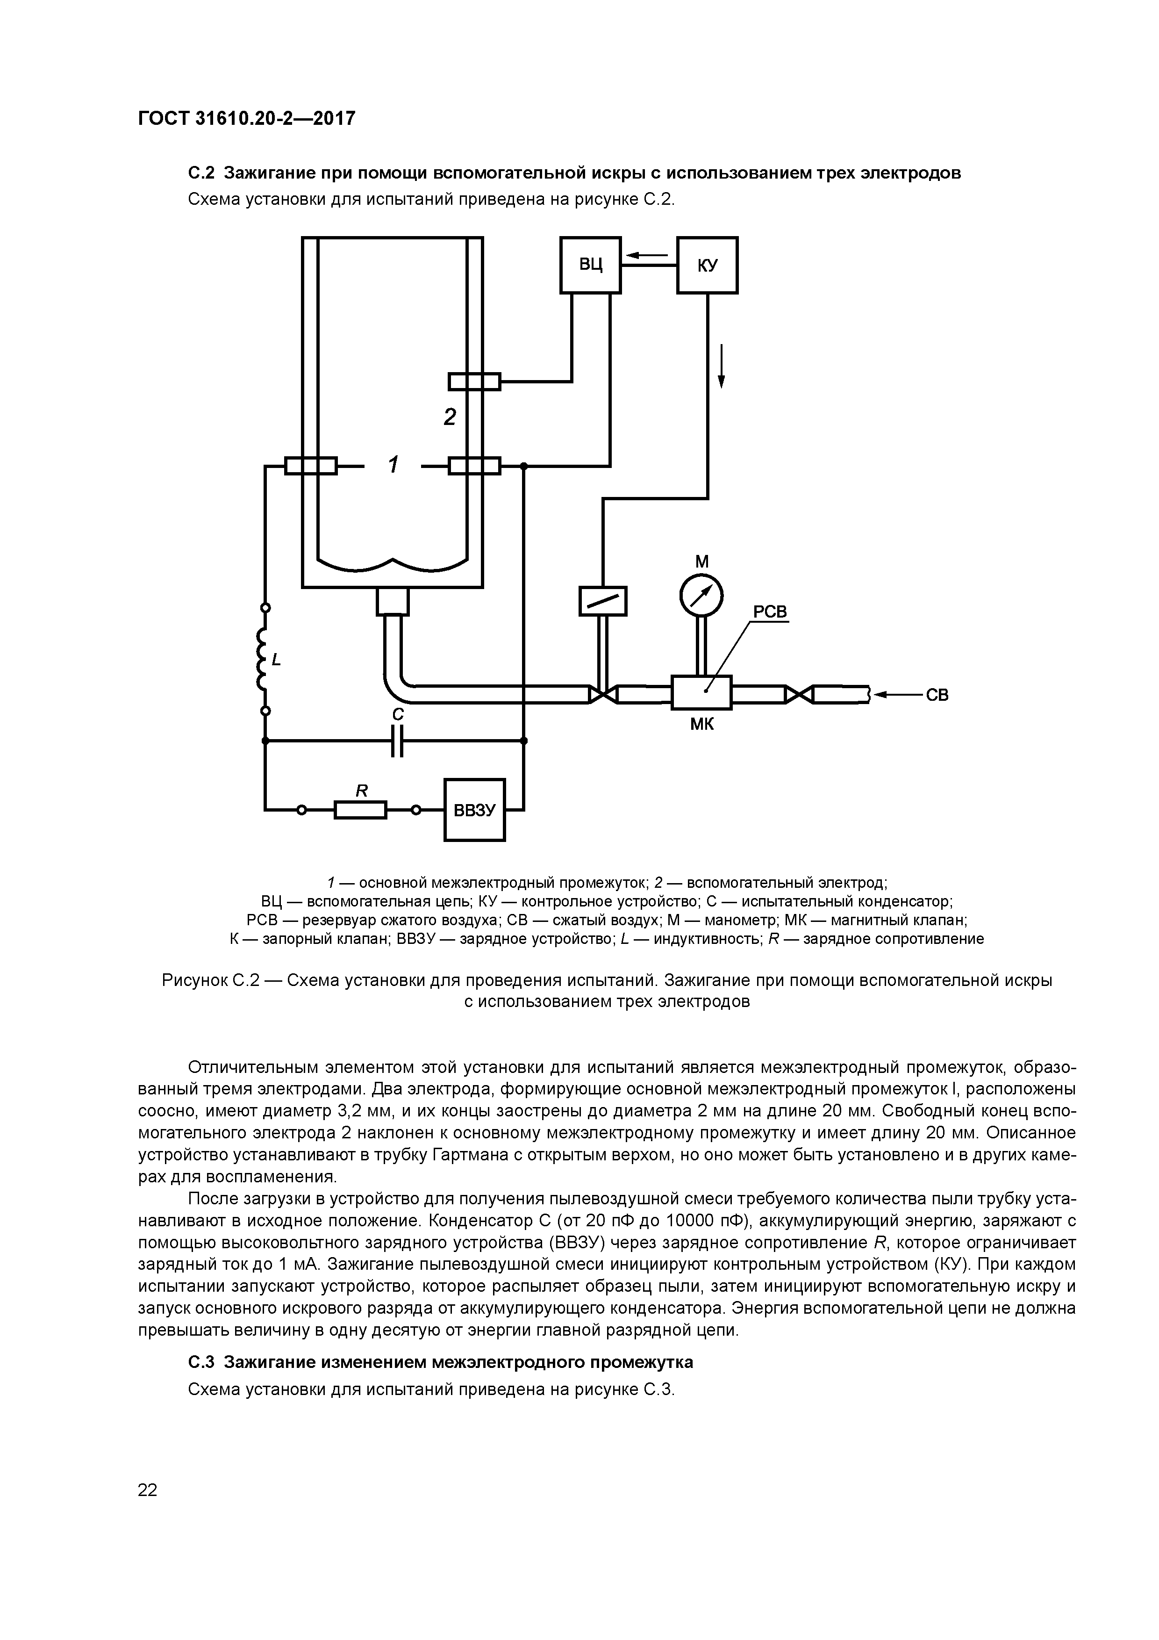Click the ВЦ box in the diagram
(590, 265)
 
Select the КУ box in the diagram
(707, 265)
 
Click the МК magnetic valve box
(701, 692)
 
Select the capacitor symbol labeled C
(398, 741)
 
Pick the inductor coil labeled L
(263, 659)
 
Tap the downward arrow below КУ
(721, 366)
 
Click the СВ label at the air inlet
(937, 694)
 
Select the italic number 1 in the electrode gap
(393, 465)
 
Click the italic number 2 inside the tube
(449, 417)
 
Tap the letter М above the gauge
(702, 562)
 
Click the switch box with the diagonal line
(602, 601)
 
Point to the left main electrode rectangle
(311, 466)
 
